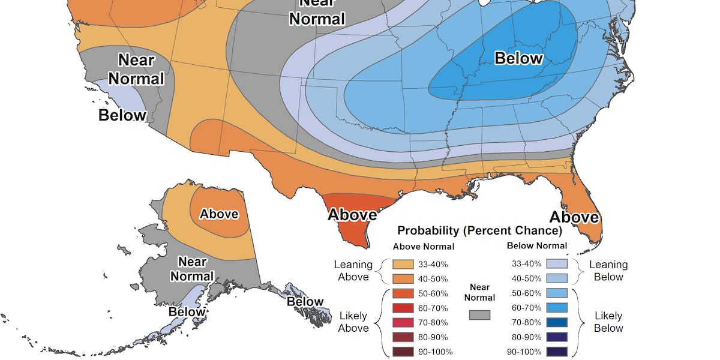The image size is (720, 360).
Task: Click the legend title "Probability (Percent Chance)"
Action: tap(479, 230)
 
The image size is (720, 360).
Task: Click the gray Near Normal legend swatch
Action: tap(479, 315)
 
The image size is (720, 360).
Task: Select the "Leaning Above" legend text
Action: tap(353, 271)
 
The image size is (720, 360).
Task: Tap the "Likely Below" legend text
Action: tap(608, 322)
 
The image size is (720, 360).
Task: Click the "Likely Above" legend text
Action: tap(353, 322)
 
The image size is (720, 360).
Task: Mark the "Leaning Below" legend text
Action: tap(608, 271)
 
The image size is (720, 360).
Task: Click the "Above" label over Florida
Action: tap(574, 217)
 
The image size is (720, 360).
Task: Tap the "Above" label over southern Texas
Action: tap(352, 214)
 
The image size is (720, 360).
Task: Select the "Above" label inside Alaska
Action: tap(219, 214)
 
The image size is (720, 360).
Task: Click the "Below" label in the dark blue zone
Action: tap(518, 58)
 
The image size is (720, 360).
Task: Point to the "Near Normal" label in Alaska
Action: tap(192, 269)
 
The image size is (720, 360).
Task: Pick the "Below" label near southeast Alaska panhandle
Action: tap(305, 301)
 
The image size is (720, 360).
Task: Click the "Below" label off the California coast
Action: tap(122, 115)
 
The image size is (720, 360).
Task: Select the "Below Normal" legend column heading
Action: tap(536, 245)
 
